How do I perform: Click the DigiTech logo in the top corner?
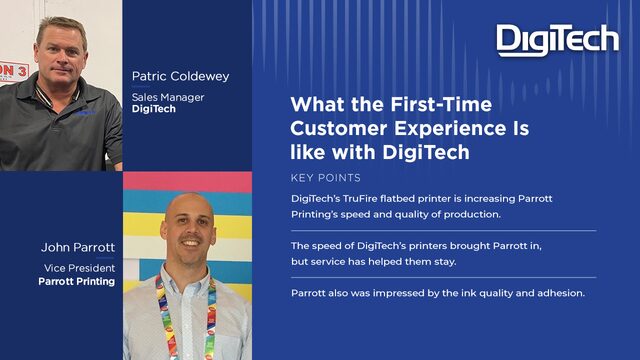tap(558, 40)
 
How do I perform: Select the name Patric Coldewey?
tap(180, 76)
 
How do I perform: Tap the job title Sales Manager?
tap(168, 97)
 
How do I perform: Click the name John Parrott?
tap(78, 247)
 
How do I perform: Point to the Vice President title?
tap(80, 268)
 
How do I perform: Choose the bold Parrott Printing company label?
tap(77, 281)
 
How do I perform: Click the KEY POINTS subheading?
tap(326, 178)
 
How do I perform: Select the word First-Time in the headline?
tap(441, 104)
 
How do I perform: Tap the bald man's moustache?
tap(190, 237)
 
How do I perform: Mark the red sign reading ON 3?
tap(13, 73)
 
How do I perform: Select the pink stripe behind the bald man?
tap(187, 182)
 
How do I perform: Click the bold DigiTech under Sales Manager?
tap(153, 109)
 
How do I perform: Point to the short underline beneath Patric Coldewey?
tap(141, 87)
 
